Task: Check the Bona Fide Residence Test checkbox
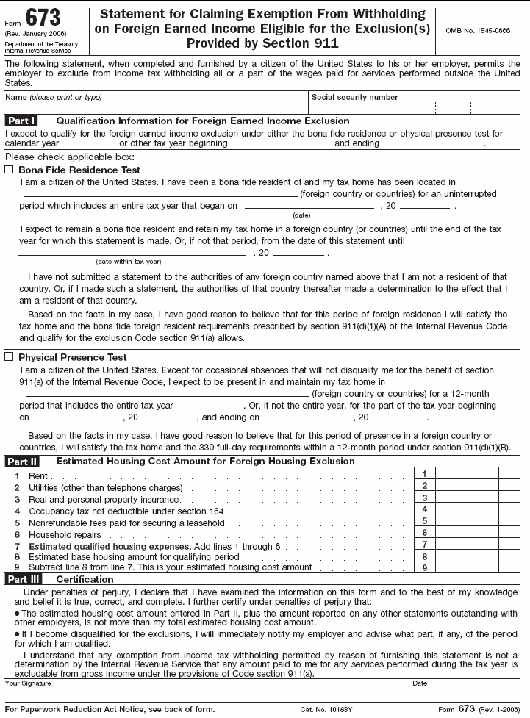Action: click(x=9, y=170)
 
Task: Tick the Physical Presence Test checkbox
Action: click(x=9, y=357)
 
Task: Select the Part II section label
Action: click(x=21, y=462)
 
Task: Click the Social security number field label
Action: click(x=354, y=98)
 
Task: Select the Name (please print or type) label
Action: click(x=54, y=98)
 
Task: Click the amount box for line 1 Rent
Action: click(x=467, y=474)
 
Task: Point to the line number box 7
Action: click(x=424, y=545)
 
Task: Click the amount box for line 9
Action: click(x=467, y=567)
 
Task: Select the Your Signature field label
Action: click(x=28, y=683)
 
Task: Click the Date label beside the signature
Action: click(x=420, y=683)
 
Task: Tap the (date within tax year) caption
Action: click(x=129, y=262)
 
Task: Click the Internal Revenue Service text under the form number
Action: click(x=37, y=51)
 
